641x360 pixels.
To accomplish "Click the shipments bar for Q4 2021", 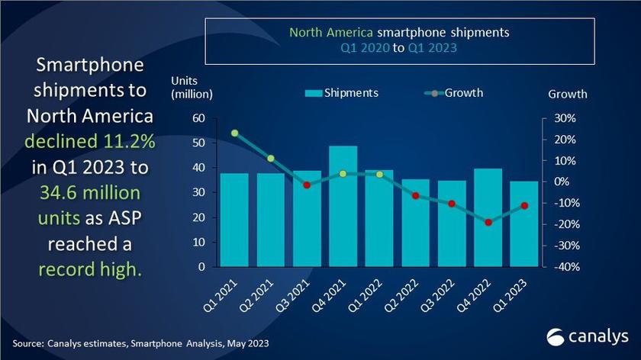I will (343, 206).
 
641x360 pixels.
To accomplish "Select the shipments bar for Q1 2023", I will (523, 224).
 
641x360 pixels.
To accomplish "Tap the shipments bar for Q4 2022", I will (488, 217).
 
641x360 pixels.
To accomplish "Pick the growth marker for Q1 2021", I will (235, 133).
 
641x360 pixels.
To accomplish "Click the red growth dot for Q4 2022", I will (488, 222).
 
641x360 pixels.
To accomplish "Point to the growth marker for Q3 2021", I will (307, 185).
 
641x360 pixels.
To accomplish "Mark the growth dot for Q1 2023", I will (524, 205).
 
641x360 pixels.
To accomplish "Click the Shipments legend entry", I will (341, 93).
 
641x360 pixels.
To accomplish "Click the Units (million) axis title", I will (192, 87).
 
